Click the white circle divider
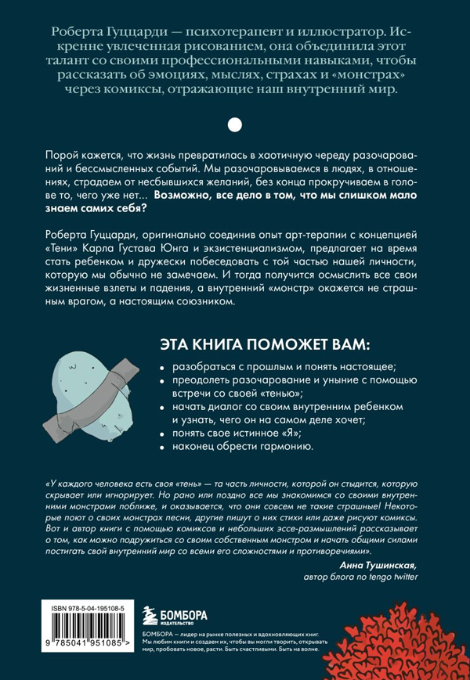point(234,124)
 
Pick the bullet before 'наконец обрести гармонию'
point(162,448)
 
